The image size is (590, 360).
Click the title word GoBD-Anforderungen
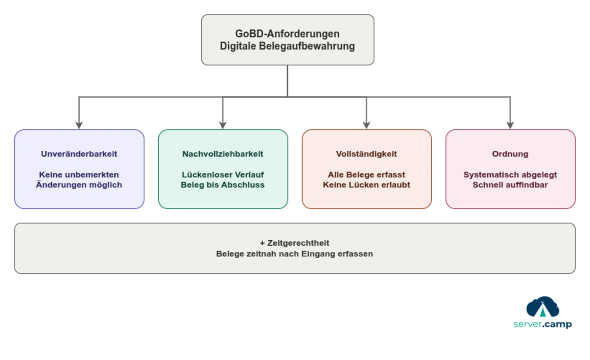pyautogui.click(x=287, y=34)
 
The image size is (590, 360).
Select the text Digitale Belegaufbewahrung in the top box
pyautogui.click(x=287, y=46)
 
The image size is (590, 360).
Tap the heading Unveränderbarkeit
pyautogui.click(x=79, y=154)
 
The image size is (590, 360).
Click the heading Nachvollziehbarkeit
pyautogui.click(x=223, y=154)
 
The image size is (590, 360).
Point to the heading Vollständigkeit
pyautogui.click(x=366, y=154)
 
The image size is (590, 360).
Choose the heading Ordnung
pyautogui.click(x=510, y=154)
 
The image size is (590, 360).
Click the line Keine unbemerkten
pyautogui.click(x=79, y=175)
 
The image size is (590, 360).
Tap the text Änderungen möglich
pyautogui.click(x=79, y=185)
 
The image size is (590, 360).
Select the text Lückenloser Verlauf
pyautogui.click(x=223, y=175)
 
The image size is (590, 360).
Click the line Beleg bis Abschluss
pyautogui.click(x=223, y=185)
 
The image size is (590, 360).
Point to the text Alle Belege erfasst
pyautogui.click(x=366, y=175)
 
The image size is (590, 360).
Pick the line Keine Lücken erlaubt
pyautogui.click(x=366, y=185)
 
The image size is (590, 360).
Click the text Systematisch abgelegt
pyautogui.click(x=510, y=175)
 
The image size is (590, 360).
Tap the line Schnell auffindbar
pyautogui.click(x=510, y=185)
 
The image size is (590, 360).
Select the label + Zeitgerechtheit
pyautogui.click(x=295, y=243)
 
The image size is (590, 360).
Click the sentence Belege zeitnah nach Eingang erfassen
pyautogui.click(x=295, y=254)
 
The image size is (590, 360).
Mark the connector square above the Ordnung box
pyautogui.click(x=510, y=124)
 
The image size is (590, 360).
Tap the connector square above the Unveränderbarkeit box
pyautogui.click(x=79, y=124)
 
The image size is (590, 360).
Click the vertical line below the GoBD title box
pyautogui.click(x=287, y=81)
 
